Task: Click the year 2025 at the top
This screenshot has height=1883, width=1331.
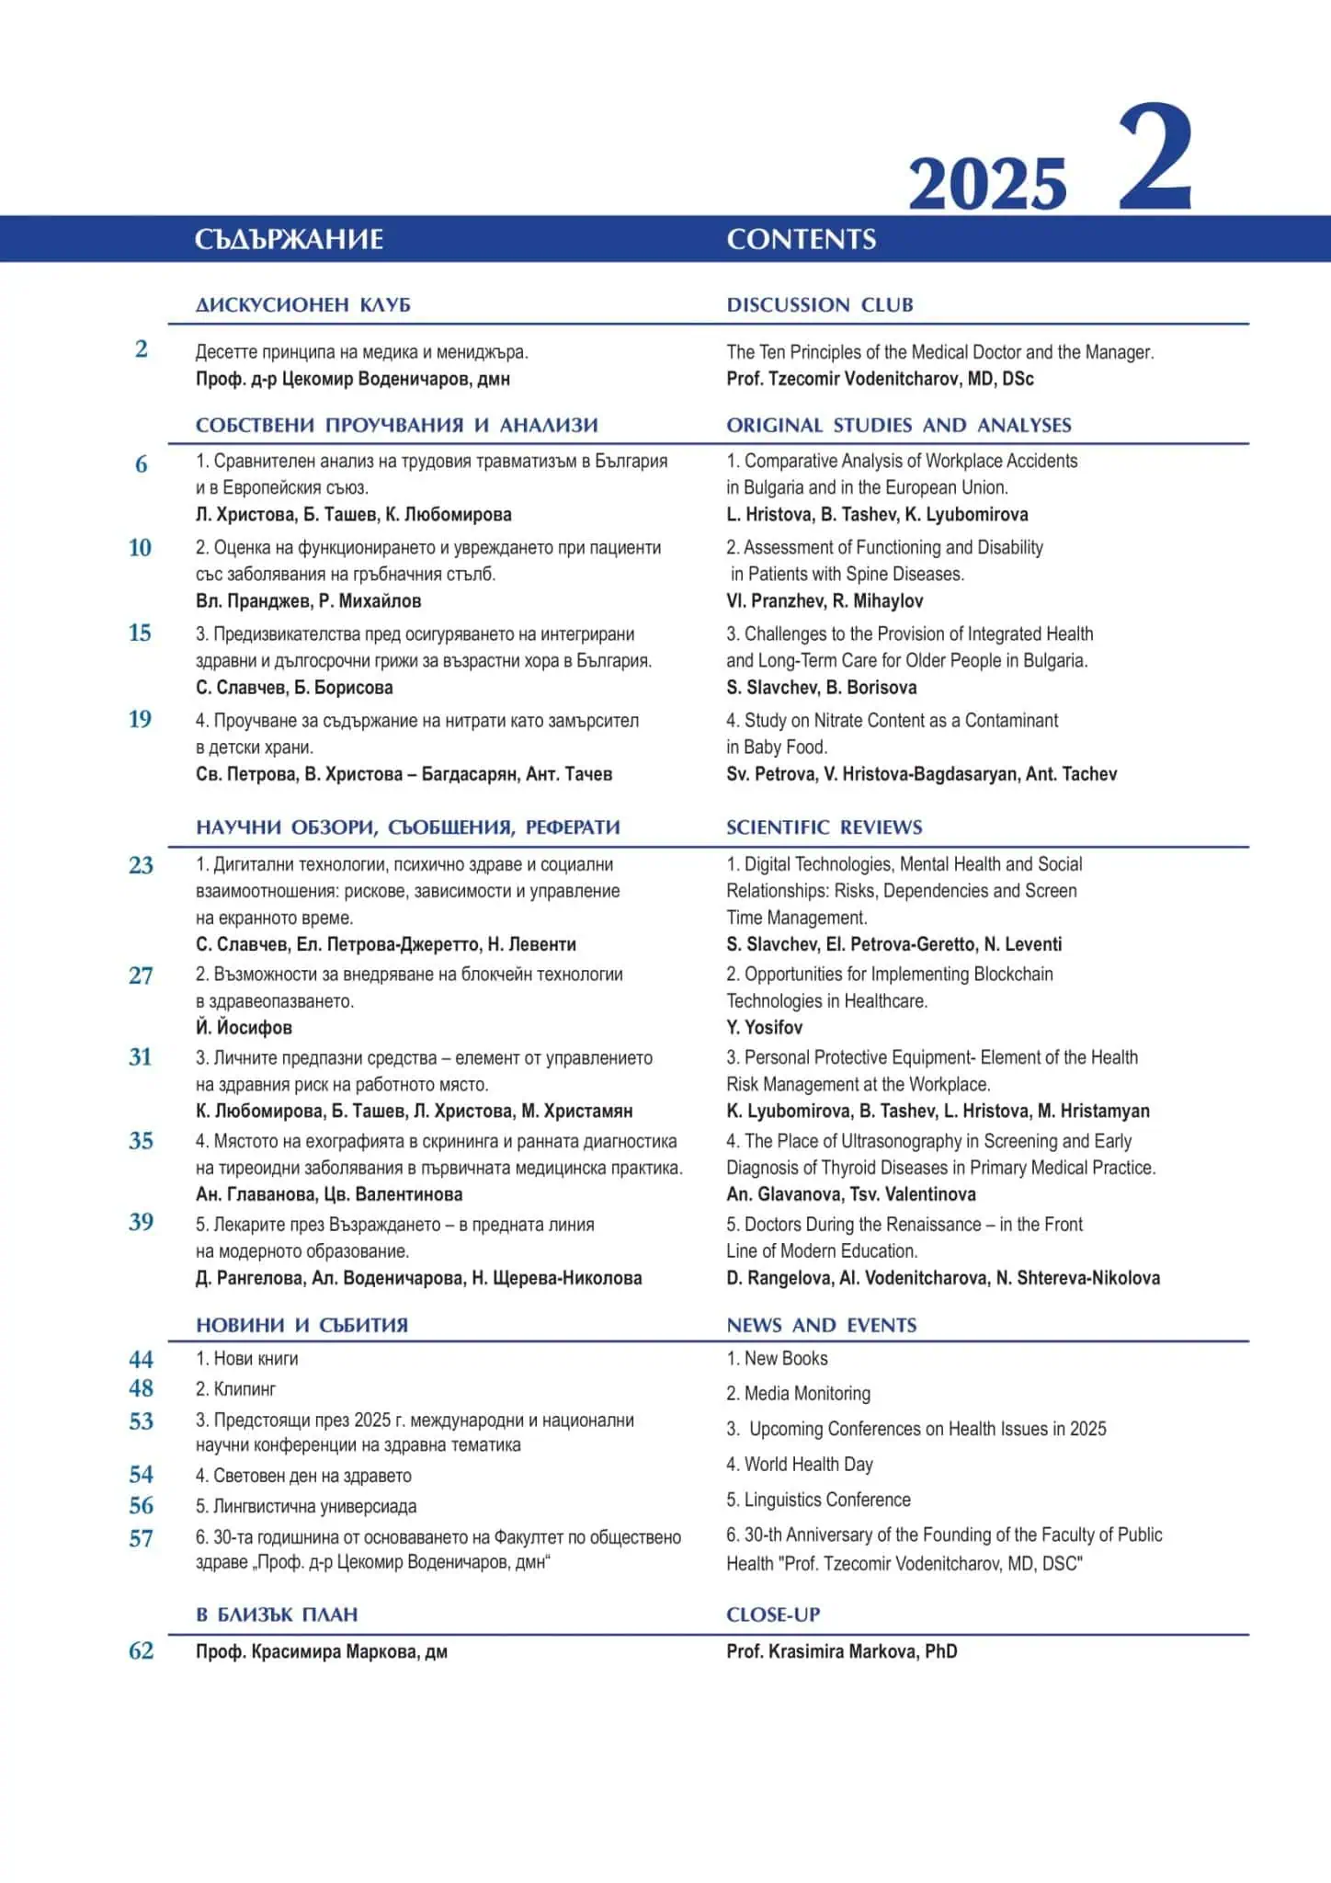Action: (987, 183)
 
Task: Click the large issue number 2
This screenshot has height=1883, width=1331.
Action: (1155, 158)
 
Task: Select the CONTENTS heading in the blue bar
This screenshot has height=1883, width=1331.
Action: (801, 239)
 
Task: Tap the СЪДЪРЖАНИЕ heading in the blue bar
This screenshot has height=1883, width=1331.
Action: (289, 239)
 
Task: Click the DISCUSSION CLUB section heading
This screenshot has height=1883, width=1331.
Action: (819, 304)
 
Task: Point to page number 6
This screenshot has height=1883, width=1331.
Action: (141, 464)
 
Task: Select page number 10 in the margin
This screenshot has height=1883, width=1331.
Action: (140, 548)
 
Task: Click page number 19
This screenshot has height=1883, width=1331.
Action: (140, 719)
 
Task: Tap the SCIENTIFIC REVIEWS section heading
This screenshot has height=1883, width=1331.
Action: (824, 827)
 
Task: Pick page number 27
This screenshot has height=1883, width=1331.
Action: (140, 975)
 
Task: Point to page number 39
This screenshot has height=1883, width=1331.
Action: (141, 1222)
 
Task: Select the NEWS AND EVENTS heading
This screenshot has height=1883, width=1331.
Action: (821, 1325)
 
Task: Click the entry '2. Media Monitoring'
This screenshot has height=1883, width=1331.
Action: (798, 1393)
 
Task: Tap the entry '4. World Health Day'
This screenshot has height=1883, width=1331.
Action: (799, 1464)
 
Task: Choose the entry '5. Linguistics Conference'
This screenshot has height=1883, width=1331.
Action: (818, 1500)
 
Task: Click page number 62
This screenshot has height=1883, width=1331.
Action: (141, 1650)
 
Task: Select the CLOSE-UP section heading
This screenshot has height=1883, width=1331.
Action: (772, 1615)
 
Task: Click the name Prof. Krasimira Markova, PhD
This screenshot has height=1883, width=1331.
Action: (841, 1651)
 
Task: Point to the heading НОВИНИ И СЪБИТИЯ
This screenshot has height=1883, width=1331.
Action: (301, 1325)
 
